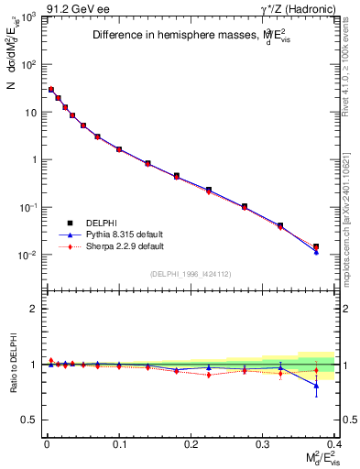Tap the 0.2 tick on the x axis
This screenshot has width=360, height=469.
(x=191, y=442)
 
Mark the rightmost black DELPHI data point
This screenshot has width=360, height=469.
(x=316, y=246)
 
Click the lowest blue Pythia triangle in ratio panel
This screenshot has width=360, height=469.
(x=316, y=386)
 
